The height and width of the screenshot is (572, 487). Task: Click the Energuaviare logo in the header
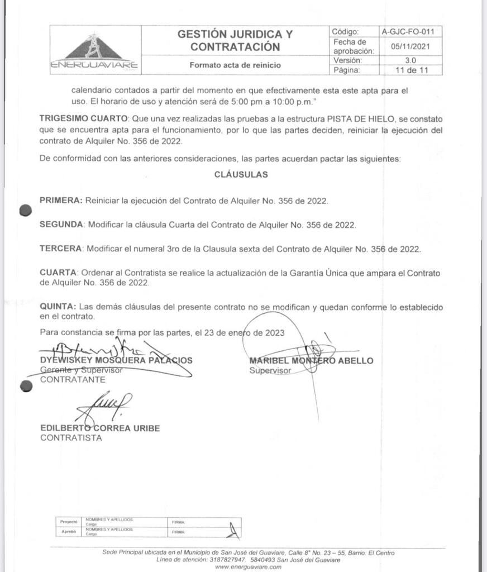click(94, 52)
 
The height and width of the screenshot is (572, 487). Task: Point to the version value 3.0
click(410, 60)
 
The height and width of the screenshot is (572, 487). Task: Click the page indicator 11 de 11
click(410, 70)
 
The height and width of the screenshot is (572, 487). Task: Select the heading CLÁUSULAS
click(241, 174)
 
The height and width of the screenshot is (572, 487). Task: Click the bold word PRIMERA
click(61, 201)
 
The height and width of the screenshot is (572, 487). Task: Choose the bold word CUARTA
click(58, 273)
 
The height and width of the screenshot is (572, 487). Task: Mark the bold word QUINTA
click(58, 307)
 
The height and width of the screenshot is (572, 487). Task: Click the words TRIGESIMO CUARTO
click(84, 118)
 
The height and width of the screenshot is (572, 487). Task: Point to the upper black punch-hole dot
click(25, 210)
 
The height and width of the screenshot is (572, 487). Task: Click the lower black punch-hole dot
click(26, 386)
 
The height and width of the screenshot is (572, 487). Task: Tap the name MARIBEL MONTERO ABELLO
click(311, 361)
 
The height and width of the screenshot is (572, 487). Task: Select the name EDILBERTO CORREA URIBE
click(100, 428)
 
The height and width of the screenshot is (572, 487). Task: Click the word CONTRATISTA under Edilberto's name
click(71, 438)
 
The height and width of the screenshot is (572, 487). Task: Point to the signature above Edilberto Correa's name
click(106, 406)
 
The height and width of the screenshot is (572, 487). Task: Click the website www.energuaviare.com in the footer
click(248, 567)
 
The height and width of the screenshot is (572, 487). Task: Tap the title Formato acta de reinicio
click(235, 65)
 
